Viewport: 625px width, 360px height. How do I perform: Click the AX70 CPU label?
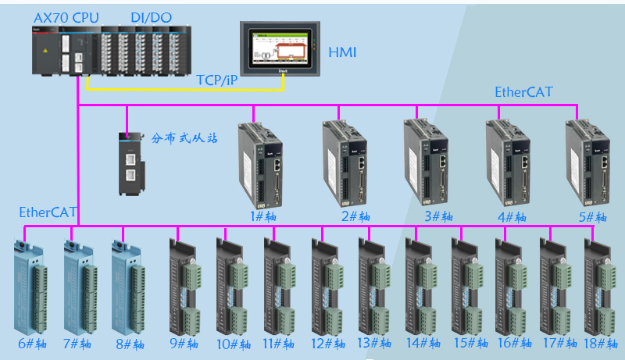coord(66,17)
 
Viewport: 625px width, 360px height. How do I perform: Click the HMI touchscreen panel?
coord(280,48)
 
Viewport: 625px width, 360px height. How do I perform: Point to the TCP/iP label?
coord(217,80)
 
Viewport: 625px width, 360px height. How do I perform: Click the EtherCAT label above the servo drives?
coord(523,92)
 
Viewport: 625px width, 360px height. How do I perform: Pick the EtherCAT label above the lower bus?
coord(48,212)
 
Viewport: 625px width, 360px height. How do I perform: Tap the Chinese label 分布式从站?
coord(184,138)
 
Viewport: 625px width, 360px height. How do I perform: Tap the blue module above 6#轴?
coord(29,289)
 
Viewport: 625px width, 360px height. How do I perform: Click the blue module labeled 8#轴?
coord(128,289)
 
